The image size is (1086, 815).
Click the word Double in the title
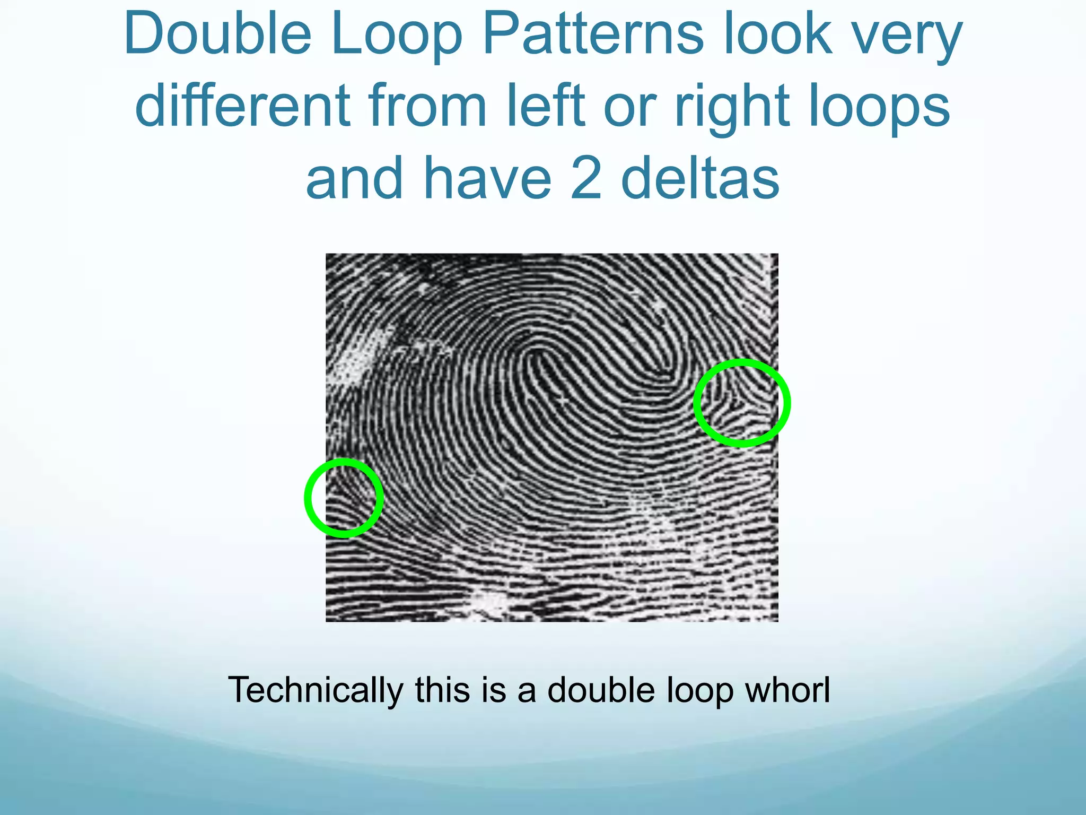pyautogui.click(x=217, y=35)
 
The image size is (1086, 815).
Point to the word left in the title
pyautogui.click(x=546, y=106)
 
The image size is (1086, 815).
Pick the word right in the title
pyautogui.click(x=734, y=109)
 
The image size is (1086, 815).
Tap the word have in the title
pyautogui.click(x=487, y=178)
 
